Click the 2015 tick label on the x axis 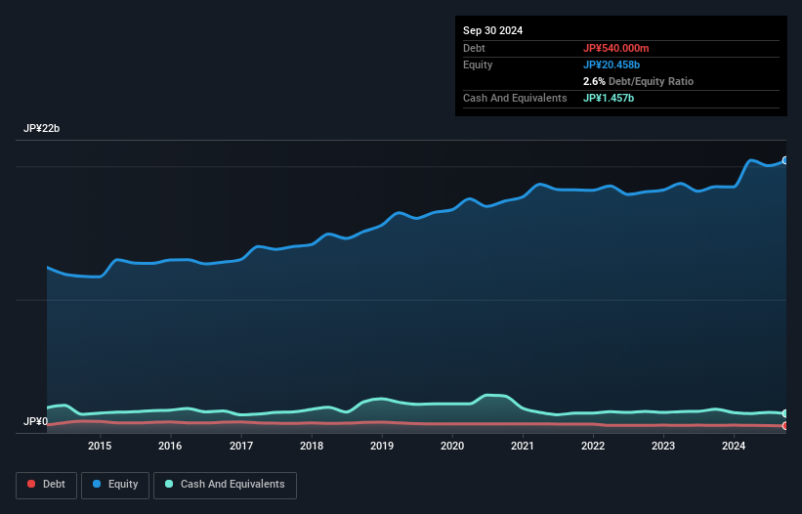click(x=100, y=446)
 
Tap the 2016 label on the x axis click(x=170, y=446)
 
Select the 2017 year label click(x=241, y=446)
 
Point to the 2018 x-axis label click(x=312, y=446)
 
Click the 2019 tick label click(x=382, y=446)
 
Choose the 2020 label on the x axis click(x=452, y=446)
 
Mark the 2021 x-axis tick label click(x=523, y=446)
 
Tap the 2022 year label click(x=593, y=446)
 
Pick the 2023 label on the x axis click(x=663, y=446)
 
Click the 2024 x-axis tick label click(x=734, y=446)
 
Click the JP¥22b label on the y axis click(x=43, y=129)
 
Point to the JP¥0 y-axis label click(x=35, y=422)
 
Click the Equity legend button click(x=115, y=485)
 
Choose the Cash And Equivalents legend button click(x=225, y=485)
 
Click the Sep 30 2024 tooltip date click(x=493, y=30)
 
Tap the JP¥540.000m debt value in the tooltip click(x=615, y=48)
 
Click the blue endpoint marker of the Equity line click(x=784, y=160)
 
